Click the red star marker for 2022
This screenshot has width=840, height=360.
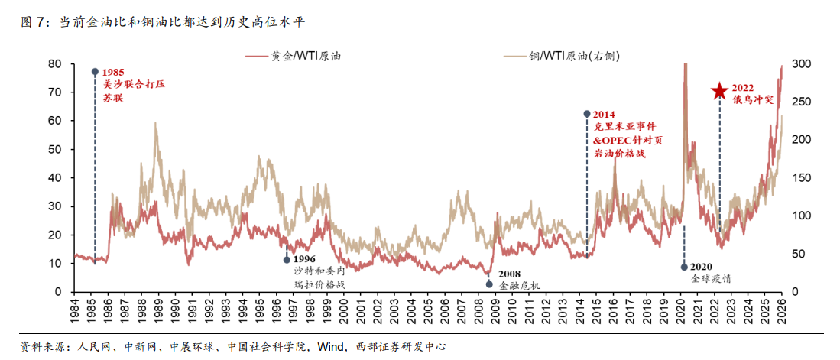pos(719,92)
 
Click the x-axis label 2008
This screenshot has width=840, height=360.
pos(478,310)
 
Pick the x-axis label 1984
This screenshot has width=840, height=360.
pos(74,310)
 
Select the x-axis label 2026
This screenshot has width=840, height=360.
pos(783,310)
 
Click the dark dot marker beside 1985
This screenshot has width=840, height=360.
pos(95,71)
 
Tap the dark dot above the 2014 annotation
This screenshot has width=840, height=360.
pos(587,113)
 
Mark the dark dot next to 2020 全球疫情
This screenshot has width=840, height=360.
pos(684,267)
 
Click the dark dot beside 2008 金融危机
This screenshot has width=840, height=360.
pos(489,284)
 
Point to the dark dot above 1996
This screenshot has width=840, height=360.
pos(287,259)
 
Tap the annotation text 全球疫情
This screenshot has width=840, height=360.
pos(711,279)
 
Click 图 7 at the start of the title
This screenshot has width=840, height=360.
pos(33,21)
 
